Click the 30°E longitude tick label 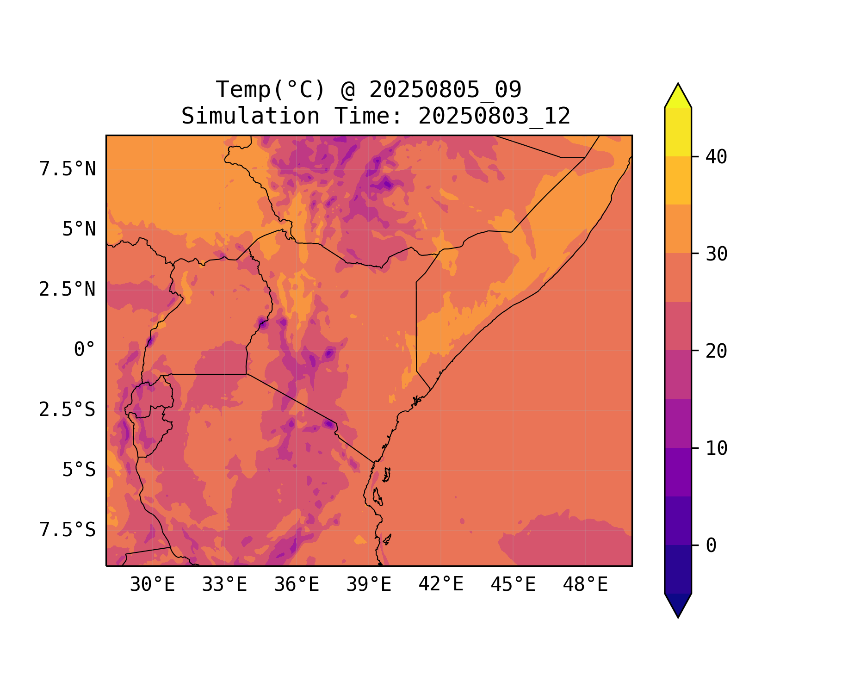tap(152, 585)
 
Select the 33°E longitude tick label tap(224, 585)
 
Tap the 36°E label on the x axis tap(297, 585)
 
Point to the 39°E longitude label tap(369, 585)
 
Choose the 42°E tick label tap(441, 585)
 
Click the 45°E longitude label tap(513, 585)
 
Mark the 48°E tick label tap(585, 585)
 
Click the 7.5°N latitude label tap(68, 169)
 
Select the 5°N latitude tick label tap(79, 229)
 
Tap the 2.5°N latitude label tap(68, 290)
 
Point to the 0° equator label tap(85, 350)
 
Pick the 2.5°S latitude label tap(68, 410)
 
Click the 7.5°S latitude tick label tap(68, 530)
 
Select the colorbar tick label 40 tap(717, 157)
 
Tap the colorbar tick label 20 tap(717, 351)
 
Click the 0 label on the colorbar tap(711, 546)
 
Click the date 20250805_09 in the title tap(445, 90)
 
